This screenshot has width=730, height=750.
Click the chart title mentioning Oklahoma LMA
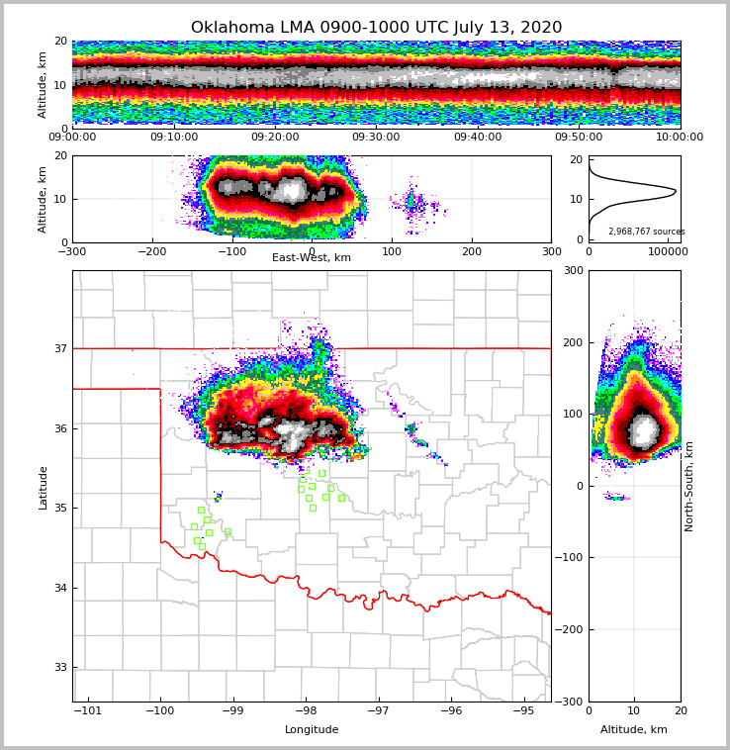(376, 28)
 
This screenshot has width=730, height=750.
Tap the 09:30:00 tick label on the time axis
(377, 138)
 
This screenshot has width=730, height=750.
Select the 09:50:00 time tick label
(579, 138)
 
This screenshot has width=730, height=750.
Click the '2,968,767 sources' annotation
(646, 232)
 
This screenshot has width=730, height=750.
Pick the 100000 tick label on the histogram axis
(668, 253)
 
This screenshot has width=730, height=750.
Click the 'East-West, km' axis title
(312, 258)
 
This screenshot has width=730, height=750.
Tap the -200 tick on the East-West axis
(151, 251)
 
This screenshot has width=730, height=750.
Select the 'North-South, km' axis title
(689, 486)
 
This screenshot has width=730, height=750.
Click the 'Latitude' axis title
(43, 487)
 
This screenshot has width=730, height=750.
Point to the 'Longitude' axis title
(312, 730)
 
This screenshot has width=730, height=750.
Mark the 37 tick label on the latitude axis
(59, 348)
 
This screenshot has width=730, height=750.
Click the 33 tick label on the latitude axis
(59, 668)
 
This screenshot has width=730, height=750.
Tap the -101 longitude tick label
(89, 711)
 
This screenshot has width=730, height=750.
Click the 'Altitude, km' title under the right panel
(634, 730)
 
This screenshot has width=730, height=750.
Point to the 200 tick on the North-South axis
(572, 342)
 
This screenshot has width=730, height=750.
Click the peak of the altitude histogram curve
(676, 190)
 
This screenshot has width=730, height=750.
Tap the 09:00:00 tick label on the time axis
(72, 138)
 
